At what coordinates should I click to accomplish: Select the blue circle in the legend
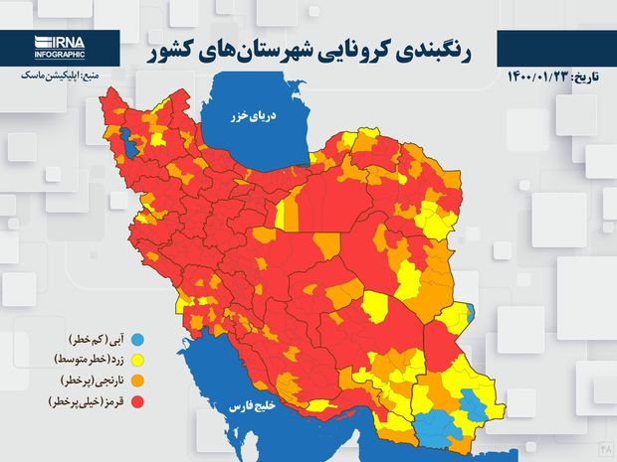[x=136, y=339]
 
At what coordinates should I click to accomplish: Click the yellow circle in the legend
[x=136, y=360]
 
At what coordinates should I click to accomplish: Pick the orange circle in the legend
[x=136, y=381]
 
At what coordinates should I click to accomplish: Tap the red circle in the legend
[x=136, y=402]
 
